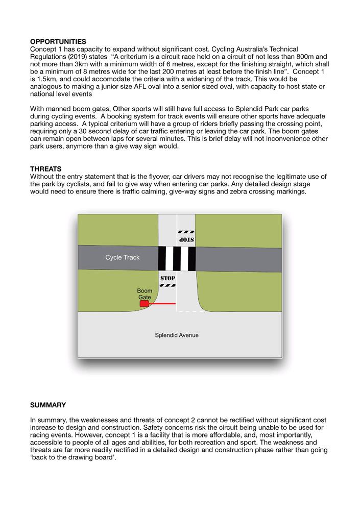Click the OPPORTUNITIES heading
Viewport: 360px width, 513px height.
click(58, 41)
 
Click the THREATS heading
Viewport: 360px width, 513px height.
click(45, 169)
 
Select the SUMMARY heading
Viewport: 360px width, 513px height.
click(48, 405)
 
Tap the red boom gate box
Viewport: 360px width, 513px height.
click(144, 304)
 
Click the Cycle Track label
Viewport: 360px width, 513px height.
click(122, 257)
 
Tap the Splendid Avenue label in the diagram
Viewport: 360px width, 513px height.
click(177, 335)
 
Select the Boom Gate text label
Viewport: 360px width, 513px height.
click(145, 294)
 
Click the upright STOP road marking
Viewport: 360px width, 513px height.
click(168, 278)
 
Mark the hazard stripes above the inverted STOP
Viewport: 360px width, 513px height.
click(186, 231)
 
